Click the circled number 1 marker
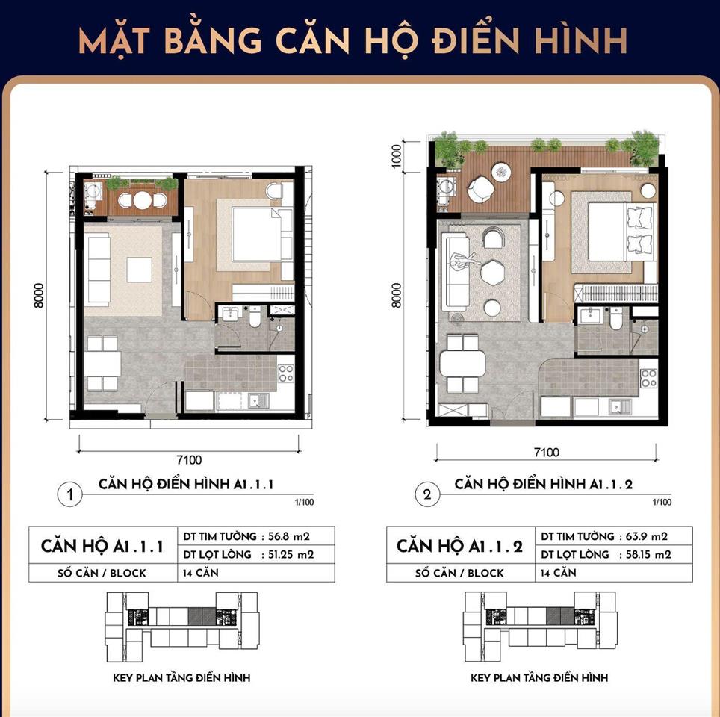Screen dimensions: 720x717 (69, 494)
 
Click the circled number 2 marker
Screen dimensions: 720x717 (427, 494)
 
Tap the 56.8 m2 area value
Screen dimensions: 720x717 (288, 536)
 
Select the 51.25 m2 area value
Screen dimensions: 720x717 (291, 554)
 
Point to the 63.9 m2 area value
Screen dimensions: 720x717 (647, 536)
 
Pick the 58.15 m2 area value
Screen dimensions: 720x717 (648, 554)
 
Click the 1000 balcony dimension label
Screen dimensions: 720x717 (397, 156)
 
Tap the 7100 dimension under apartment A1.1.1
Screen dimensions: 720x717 (189, 460)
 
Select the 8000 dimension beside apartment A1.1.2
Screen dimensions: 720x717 (397, 295)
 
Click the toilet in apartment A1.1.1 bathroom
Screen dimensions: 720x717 (255, 317)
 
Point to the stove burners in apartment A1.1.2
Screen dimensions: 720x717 (649, 379)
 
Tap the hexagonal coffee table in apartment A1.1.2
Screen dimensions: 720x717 (492, 273)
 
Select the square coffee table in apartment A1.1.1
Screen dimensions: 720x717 (140, 270)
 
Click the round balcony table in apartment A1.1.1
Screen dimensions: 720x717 (143, 200)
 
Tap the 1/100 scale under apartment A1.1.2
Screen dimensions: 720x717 (662, 502)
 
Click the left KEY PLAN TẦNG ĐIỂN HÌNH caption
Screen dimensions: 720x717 (181, 677)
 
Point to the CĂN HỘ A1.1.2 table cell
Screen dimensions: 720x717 (459, 546)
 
